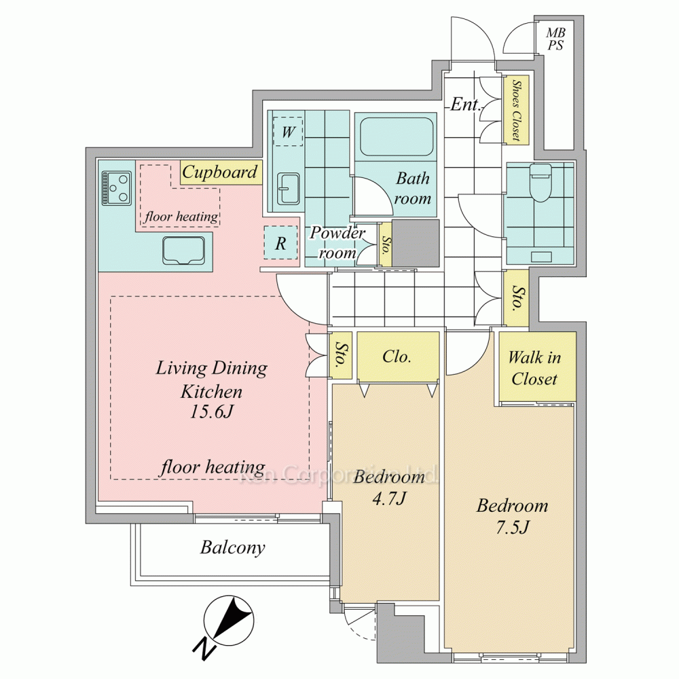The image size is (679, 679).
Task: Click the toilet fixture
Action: pos(540,182)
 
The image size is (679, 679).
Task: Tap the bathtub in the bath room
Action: pos(397,137)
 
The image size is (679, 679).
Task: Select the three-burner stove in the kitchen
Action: pos(117,188)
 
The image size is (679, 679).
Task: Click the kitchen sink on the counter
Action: pos(183,251)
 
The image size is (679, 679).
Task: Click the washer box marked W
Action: pos(288,132)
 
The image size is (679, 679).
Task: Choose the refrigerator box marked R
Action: pos(280,243)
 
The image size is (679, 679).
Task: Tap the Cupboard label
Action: pos(219,172)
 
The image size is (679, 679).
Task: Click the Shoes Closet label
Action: pos(516,110)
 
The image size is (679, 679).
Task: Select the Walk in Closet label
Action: pos(534,368)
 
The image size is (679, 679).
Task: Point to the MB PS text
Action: pos(555,39)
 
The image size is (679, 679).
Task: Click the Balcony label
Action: pos(232,548)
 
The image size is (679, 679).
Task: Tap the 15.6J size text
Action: pos(212,411)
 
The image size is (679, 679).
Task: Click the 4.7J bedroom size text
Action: pos(389,498)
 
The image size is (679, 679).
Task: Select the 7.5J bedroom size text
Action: pos(512,527)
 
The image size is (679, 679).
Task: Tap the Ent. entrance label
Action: pos(465,105)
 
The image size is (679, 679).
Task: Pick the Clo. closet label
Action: pos(397,356)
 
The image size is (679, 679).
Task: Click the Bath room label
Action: pos(412,188)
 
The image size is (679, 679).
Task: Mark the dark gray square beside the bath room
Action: pos(416,243)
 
